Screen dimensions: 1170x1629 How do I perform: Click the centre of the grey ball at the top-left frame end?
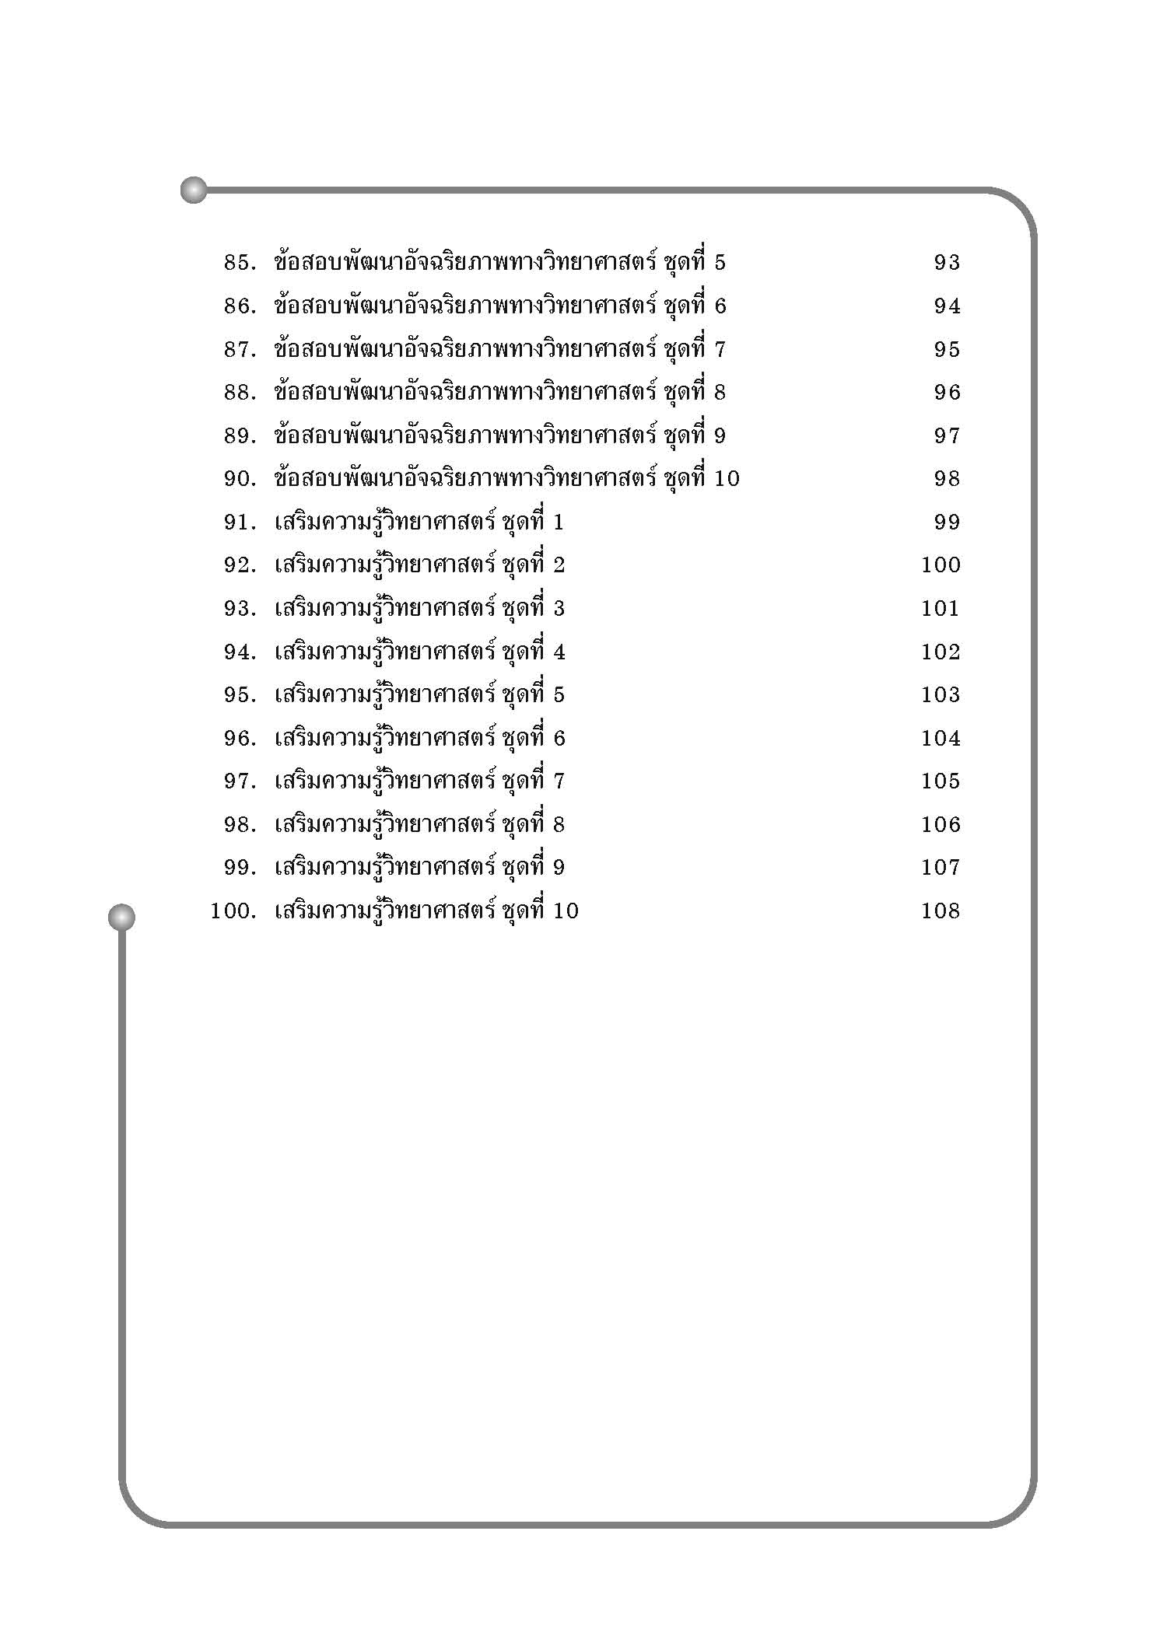coord(194,190)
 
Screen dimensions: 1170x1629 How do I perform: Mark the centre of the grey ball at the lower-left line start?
coord(121,917)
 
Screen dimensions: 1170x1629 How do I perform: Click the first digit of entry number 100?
coord(215,911)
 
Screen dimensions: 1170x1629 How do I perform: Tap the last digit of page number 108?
coord(954,911)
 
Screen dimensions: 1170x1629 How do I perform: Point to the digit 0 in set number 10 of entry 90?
coord(731,479)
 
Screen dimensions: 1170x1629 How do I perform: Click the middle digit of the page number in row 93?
coord(941,609)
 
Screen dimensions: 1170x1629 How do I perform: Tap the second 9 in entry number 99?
coord(243,868)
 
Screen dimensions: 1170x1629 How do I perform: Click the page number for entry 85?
coord(948,263)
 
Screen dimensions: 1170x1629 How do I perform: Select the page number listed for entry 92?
coord(941,565)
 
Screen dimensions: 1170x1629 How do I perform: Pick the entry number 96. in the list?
coord(240,739)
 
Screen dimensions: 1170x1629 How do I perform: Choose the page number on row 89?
coord(948,436)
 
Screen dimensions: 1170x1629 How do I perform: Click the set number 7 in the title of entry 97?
coord(559,781)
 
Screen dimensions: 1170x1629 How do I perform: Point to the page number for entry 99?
coord(941,868)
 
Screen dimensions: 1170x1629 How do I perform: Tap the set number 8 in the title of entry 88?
coord(719,393)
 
